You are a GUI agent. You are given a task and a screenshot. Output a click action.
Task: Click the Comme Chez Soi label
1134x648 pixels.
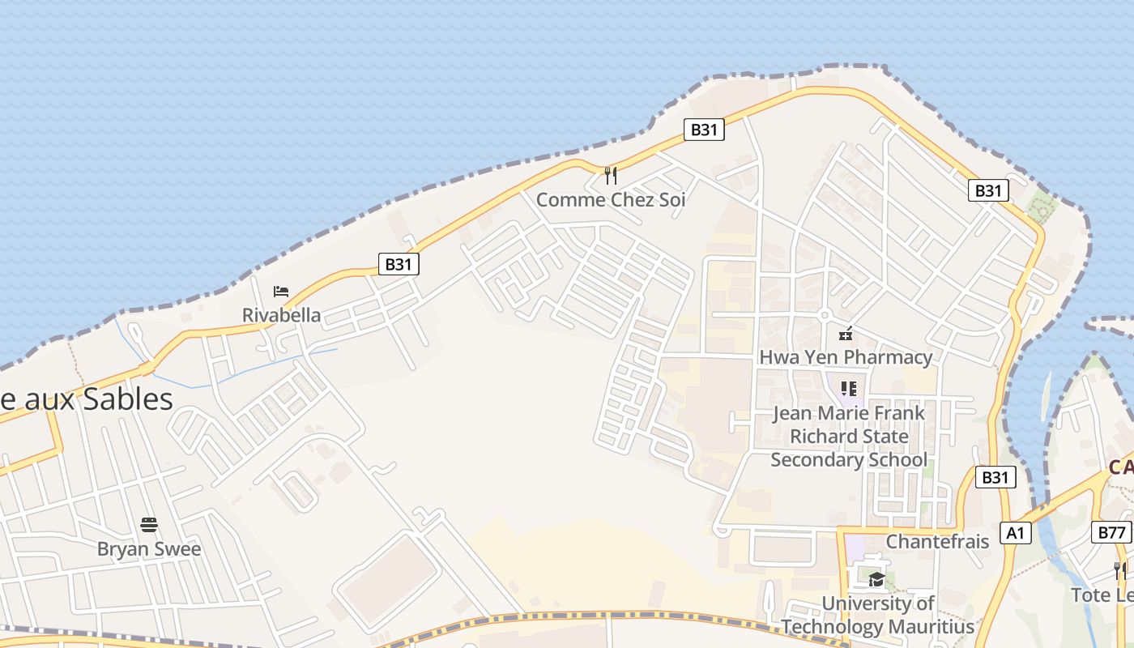611,199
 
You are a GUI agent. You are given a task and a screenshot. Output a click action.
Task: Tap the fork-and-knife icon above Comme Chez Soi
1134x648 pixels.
611,175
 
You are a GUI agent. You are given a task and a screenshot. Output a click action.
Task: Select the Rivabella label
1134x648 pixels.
281,315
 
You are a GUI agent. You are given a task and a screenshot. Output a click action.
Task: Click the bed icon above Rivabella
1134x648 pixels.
281,292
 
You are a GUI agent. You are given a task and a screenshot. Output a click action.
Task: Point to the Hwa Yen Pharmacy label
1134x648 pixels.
846,357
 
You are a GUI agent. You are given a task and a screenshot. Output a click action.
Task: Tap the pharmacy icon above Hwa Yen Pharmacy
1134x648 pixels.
846,333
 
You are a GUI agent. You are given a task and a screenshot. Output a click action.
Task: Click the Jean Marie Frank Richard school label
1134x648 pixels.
849,437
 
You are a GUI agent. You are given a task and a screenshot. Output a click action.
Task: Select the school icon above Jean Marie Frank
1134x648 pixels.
848,389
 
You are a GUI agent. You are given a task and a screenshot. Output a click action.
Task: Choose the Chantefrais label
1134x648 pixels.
937,541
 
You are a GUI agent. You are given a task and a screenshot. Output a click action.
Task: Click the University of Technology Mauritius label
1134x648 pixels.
878,615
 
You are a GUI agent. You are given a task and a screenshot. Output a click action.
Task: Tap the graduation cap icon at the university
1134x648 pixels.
876,578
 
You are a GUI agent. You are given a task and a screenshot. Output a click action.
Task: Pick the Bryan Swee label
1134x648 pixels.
149,548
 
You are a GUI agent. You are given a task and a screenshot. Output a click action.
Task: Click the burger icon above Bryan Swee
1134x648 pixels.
149,524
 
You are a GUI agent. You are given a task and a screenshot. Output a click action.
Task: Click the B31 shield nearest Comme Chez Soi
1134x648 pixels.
703,130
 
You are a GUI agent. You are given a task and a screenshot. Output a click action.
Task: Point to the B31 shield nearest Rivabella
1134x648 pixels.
399,264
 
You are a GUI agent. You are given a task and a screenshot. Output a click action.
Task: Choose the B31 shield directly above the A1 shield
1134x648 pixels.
995,477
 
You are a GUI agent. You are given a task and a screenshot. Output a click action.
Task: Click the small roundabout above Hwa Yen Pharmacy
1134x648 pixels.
825,315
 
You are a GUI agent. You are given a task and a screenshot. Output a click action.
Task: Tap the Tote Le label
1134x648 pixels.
1102,595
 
